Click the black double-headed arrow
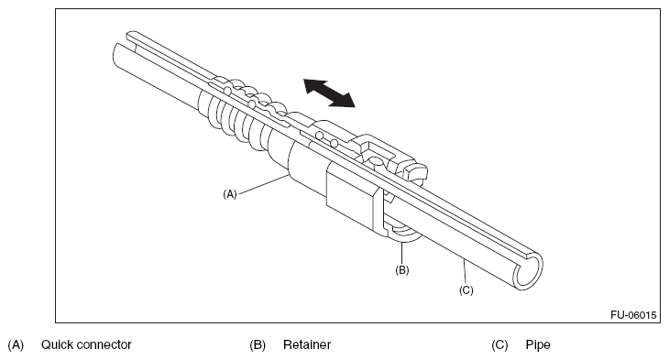point(329,93)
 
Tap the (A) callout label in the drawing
point(229,194)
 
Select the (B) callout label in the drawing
point(402,270)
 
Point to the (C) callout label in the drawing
point(466,290)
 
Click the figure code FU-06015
point(633,315)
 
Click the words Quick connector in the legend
point(86,344)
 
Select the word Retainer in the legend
point(307,344)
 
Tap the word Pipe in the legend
point(538,344)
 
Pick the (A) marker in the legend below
point(16,344)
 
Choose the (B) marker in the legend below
point(258,344)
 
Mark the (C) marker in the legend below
point(499,344)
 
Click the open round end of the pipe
point(528,272)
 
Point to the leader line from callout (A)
point(262,184)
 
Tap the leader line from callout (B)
point(402,254)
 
